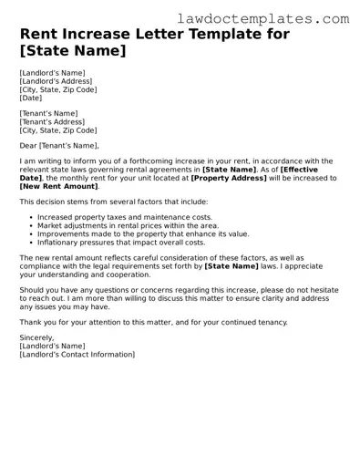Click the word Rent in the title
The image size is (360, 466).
click(x=38, y=35)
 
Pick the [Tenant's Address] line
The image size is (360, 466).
click(x=53, y=121)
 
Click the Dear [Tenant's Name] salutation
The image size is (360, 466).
click(x=57, y=145)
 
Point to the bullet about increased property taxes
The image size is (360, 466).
click(x=124, y=217)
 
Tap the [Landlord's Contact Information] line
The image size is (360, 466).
click(x=77, y=354)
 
